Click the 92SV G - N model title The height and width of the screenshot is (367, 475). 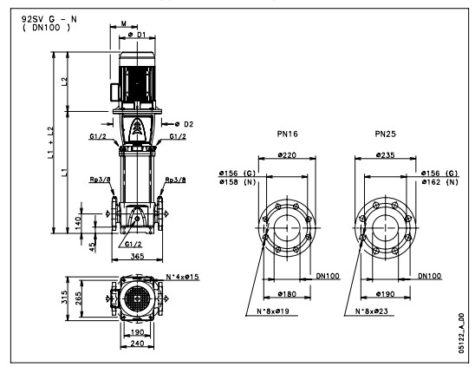(x=49, y=19)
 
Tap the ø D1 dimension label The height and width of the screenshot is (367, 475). (x=137, y=35)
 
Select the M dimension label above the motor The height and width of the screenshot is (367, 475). (x=124, y=23)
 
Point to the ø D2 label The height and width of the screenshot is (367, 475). (x=184, y=124)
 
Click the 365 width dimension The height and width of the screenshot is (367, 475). (x=137, y=256)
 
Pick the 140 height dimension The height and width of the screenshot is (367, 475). (x=78, y=223)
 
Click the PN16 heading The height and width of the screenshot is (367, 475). (x=287, y=134)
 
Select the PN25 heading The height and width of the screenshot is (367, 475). (x=386, y=134)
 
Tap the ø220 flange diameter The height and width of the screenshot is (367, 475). (x=287, y=155)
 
